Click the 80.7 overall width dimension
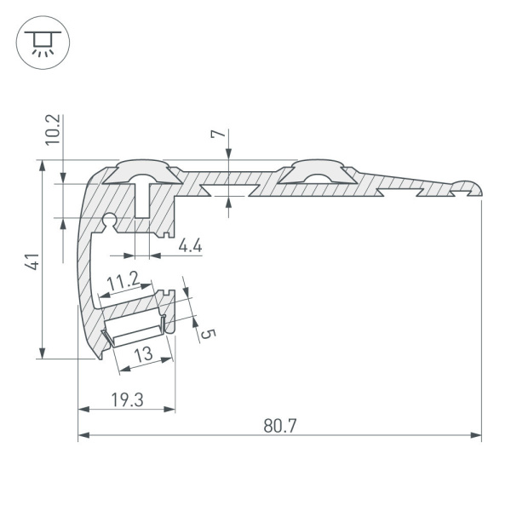tap(279, 424)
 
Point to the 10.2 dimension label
tap(52, 129)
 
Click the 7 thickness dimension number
tap(217, 135)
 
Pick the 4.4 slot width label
tap(190, 246)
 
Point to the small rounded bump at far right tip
tap(467, 186)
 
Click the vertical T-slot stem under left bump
tap(142, 204)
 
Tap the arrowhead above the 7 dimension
tap(228, 154)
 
